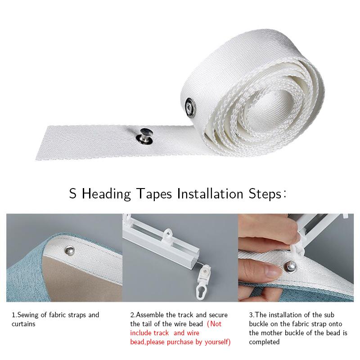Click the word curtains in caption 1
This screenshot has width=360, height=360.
pos(24,324)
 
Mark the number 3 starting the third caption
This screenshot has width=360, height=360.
pos(250,315)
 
